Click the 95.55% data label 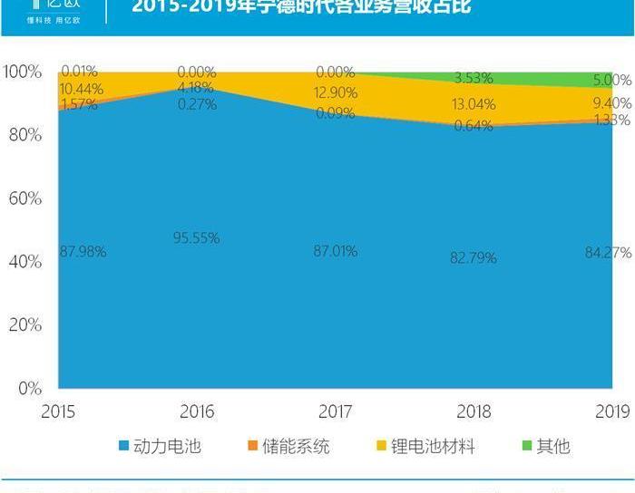click(x=197, y=238)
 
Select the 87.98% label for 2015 click(x=83, y=252)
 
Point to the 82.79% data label click(x=474, y=257)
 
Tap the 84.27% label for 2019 click(x=608, y=252)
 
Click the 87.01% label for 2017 click(x=336, y=251)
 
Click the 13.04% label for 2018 click(x=473, y=104)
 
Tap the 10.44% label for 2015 click(x=81, y=89)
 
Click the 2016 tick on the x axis click(x=197, y=411)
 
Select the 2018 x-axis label click(x=474, y=411)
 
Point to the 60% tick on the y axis click(x=23, y=198)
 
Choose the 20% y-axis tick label click(x=23, y=325)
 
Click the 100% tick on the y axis click(x=21, y=72)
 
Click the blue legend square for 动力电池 click(x=124, y=446)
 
